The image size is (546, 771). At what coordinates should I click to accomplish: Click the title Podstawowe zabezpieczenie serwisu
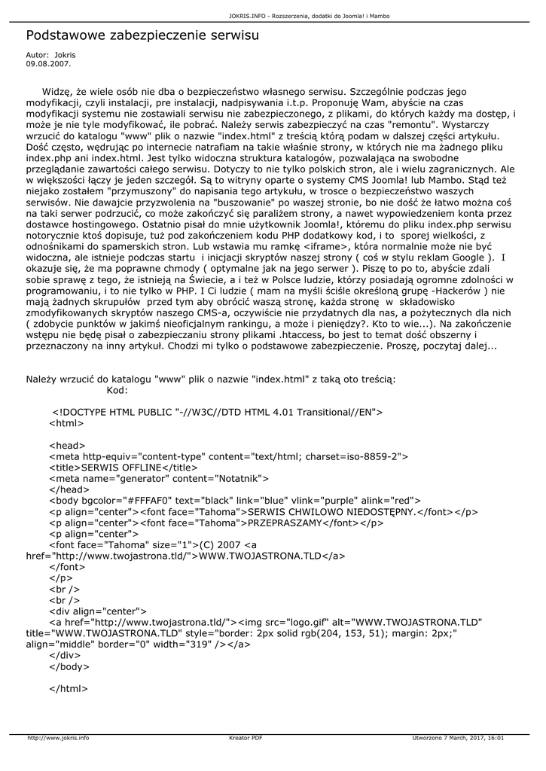[142, 35]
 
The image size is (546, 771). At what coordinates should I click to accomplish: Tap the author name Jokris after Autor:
[65, 55]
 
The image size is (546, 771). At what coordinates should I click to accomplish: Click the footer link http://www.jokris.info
[58, 738]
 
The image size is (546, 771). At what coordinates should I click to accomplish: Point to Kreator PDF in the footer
[246, 738]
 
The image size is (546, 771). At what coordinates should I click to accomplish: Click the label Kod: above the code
[117, 390]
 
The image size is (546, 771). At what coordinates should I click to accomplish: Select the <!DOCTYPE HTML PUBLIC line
[218, 412]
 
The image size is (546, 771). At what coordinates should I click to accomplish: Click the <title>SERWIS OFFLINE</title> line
[117, 467]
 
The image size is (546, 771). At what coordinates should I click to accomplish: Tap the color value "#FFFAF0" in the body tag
[148, 500]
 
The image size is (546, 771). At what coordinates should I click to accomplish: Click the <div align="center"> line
[98, 611]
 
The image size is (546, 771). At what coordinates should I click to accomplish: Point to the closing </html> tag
[69, 688]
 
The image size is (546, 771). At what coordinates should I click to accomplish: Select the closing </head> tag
[67, 489]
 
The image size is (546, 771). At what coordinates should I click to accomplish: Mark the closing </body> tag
[69, 666]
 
